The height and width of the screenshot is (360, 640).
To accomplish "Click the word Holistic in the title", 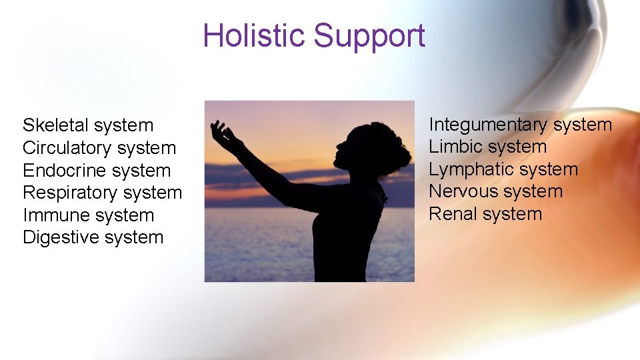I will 255,35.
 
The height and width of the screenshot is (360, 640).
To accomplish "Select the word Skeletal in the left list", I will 55,125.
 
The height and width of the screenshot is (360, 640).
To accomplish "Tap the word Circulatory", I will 67,148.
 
